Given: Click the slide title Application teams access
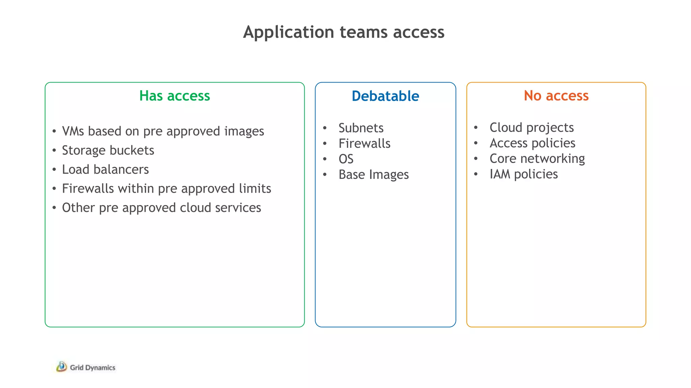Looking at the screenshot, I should (343, 32).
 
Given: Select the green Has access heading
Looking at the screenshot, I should (174, 96).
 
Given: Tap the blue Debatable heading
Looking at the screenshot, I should (385, 96).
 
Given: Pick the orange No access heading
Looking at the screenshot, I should (556, 96).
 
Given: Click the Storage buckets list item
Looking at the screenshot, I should (108, 150).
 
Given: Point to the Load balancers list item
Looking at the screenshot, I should (105, 169).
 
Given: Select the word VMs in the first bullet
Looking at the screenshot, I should (73, 131).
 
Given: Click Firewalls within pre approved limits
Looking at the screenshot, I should (166, 189).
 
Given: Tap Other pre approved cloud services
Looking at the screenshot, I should (161, 208).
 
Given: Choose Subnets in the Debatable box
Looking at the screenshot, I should (361, 128).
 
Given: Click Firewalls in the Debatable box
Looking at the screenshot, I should (364, 143).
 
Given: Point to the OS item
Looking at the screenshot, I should (346, 159).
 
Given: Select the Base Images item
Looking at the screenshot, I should (374, 174).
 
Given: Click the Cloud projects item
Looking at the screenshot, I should (531, 128).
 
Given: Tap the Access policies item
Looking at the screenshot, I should (532, 143).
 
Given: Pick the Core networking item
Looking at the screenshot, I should (537, 159).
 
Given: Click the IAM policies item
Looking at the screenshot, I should (524, 174).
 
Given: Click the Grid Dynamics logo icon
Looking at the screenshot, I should (61, 367).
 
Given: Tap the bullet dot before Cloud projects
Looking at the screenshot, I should (476, 128).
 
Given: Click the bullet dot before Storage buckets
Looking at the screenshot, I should (54, 150).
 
